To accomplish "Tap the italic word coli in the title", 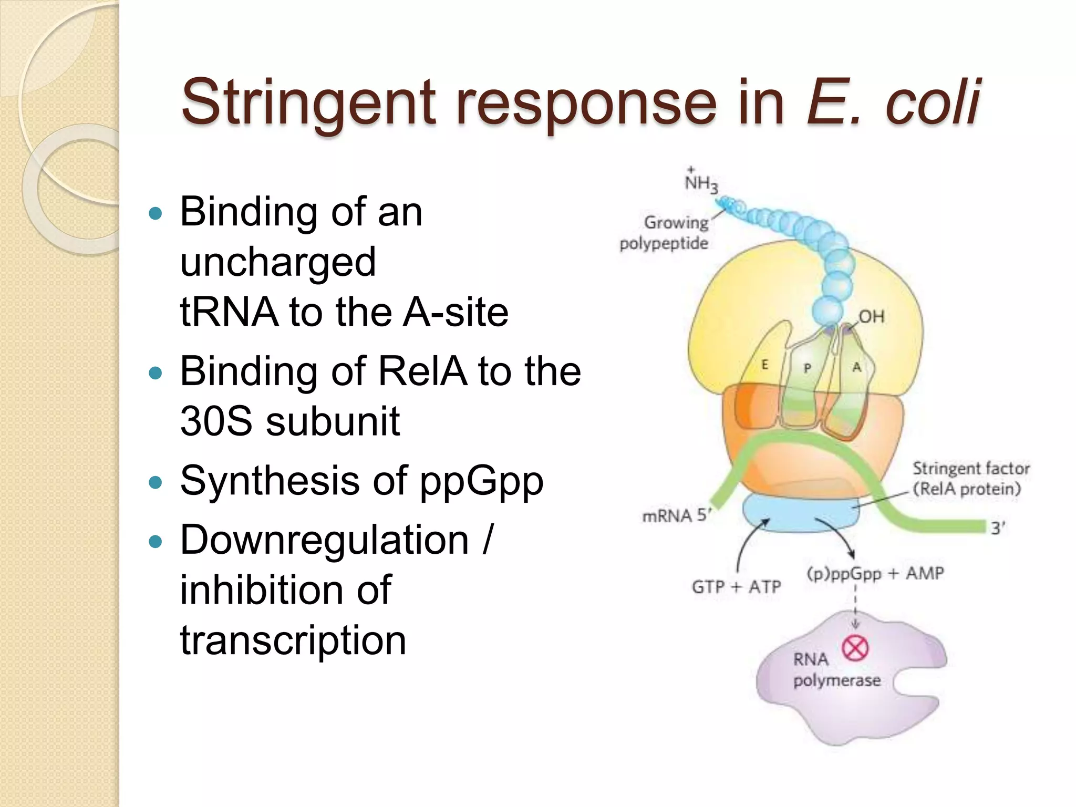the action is pyautogui.click(x=932, y=102).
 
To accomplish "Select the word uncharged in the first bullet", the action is pyautogui.click(x=278, y=262).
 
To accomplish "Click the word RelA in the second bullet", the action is pyautogui.click(x=422, y=371).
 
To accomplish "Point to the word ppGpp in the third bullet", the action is pyautogui.click(x=481, y=481).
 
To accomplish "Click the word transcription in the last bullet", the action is pyautogui.click(x=293, y=640).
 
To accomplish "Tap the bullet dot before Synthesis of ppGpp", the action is pyautogui.click(x=156, y=482).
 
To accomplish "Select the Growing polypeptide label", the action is pyautogui.click(x=665, y=233).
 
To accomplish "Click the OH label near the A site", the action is pyautogui.click(x=872, y=316).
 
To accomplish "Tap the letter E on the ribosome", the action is pyautogui.click(x=765, y=364).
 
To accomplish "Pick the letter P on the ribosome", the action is pyautogui.click(x=808, y=368).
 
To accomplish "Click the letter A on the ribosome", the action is pyautogui.click(x=856, y=367).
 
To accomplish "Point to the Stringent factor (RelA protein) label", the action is pyautogui.click(x=970, y=479).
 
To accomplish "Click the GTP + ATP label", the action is pyautogui.click(x=736, y=587).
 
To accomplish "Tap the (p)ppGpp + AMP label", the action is pyautogui.click(x=875, y=573).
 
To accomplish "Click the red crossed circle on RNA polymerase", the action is pyautogui.click(x=855, y=648).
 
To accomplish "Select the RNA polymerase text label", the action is pyautogui.click(x=835, y=670).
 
